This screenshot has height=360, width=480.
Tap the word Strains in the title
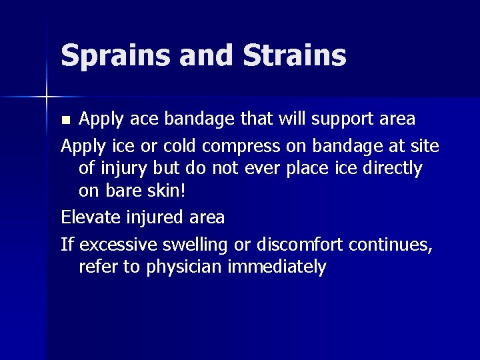point(295,55)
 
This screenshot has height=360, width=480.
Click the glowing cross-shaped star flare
point(46,97)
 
